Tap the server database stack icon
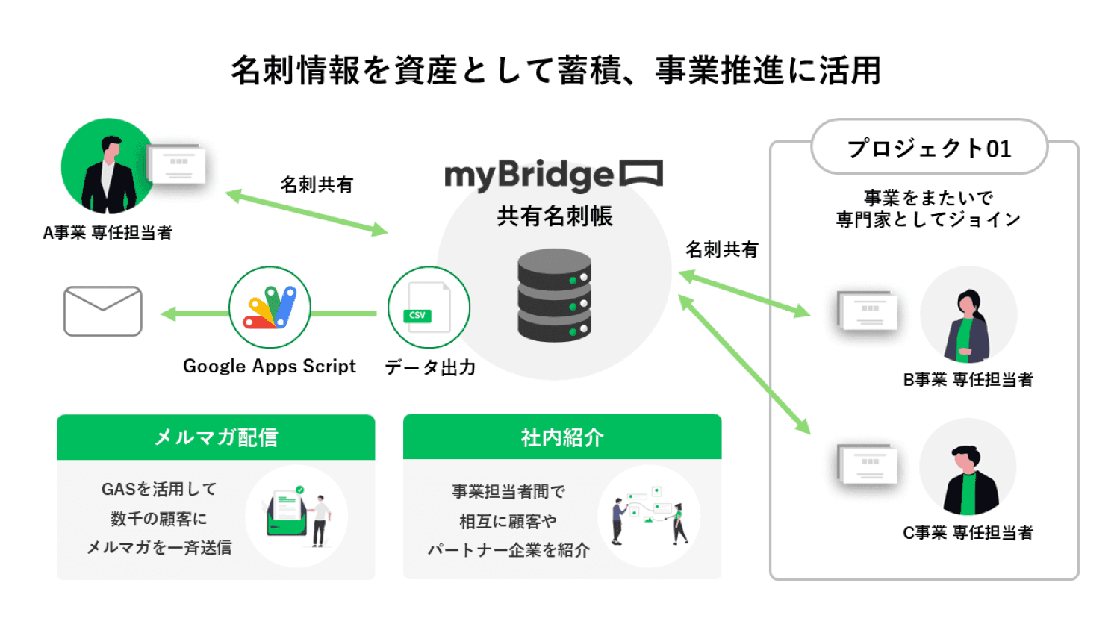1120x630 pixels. tap(554, 296)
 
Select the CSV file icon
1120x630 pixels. tap(429, 308)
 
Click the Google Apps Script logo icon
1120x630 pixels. tap(270, 308)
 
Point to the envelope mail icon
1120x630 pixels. tap(103, 311)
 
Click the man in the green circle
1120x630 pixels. tap(108, 167)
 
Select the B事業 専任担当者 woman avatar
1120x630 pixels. tap(968, 316)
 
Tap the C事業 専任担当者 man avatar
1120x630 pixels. tap(968, 469)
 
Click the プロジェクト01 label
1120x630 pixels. tap(929, 148)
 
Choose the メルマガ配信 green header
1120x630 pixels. tap(216, 437)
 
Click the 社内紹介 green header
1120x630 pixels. tap(562, 437)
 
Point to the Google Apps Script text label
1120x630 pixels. tap(270, 367)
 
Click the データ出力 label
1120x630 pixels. tap(430, 367)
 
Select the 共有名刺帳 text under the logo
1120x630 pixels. tap(555, 216)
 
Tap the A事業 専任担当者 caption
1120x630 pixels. tap(108, 233)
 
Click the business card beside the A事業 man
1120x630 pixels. tap(177, 164)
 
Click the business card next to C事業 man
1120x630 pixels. tap(867, 464)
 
